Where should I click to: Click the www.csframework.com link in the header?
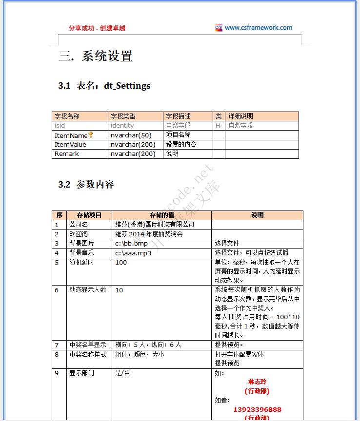coord(259,28)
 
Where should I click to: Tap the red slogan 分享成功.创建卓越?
coord(97,28)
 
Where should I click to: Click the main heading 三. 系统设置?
coord(96,56)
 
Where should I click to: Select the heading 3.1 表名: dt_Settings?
coord(104,86)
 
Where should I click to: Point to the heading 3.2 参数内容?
coord(86,185)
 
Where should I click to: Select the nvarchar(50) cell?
coord(131,135)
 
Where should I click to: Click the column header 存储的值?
coord(161,215)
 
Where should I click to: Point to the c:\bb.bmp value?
coord(131,244)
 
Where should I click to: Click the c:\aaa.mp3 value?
coord(133,253)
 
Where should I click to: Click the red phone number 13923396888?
coord(258,409)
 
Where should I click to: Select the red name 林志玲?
coord(258,382)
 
